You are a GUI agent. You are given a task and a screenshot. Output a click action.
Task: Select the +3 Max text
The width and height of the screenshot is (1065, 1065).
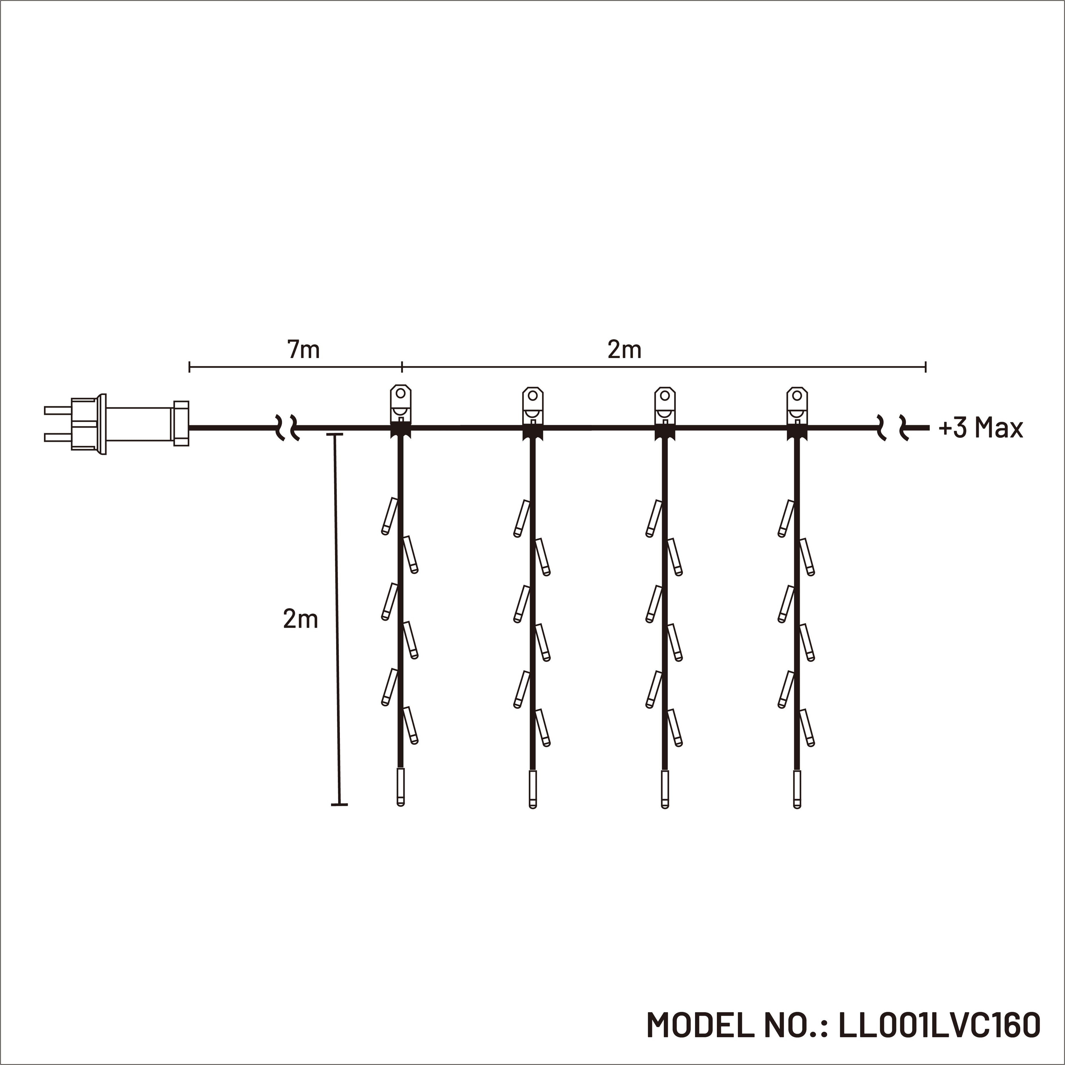[980, 428]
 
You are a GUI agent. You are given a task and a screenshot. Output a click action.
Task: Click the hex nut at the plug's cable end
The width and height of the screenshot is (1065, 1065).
[181, 423]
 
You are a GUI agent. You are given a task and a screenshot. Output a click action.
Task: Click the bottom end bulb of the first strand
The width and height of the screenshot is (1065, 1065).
[401, 788]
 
